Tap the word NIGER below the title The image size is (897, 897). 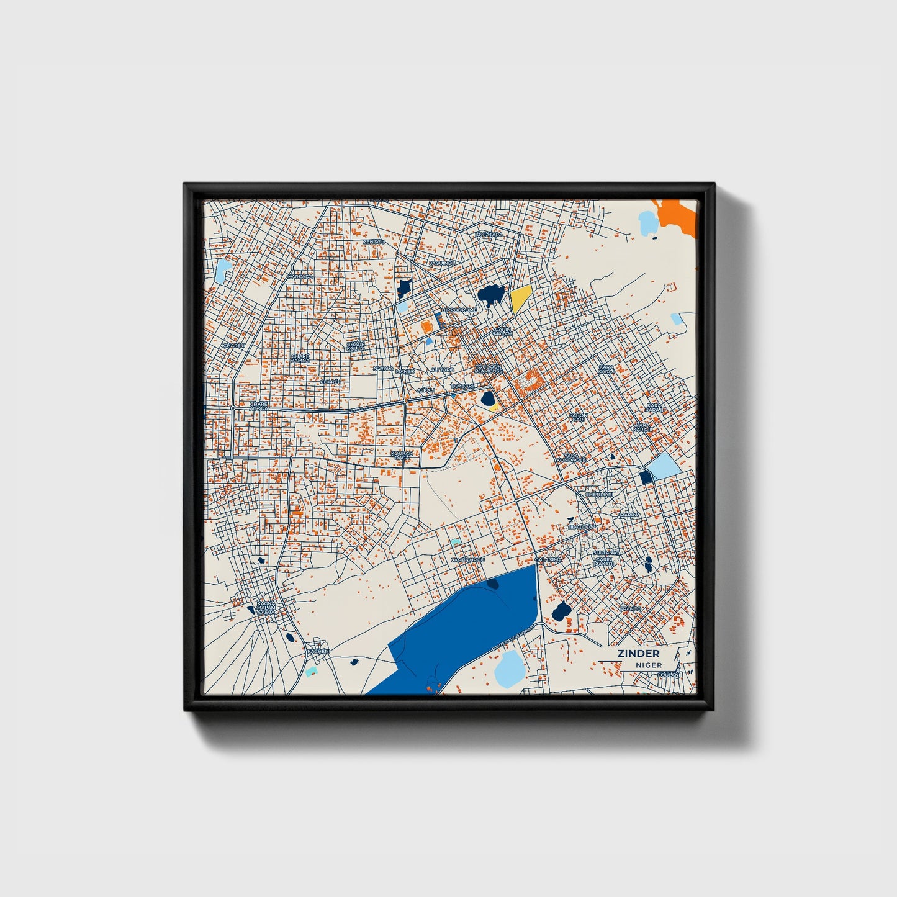pos(648,665)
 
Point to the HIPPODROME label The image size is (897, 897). pos(459,310)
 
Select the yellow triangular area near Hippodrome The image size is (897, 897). pos(520,300)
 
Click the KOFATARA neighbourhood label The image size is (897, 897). pos(488,235)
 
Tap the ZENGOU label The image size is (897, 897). pos(374,241)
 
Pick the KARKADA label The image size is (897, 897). pos(301,276)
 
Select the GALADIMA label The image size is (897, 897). pos(549,559)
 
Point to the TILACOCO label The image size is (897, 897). pos(580,526)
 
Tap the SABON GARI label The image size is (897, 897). pos(577,417)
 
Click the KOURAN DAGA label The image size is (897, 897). pos(402,456)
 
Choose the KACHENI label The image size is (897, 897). pos(319,651)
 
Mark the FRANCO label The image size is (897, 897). pos(630,609)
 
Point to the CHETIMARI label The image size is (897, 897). pos(599,495)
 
